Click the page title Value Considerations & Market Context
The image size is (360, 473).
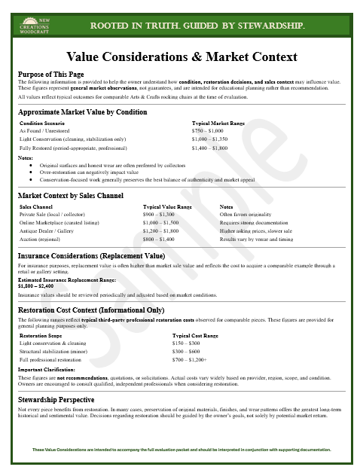[x=182, y=57]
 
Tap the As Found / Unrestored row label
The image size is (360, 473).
[x=46, y=130]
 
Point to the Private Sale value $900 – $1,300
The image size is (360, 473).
[x=163, y=215]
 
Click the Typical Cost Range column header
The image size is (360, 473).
[x=194, y=336]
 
